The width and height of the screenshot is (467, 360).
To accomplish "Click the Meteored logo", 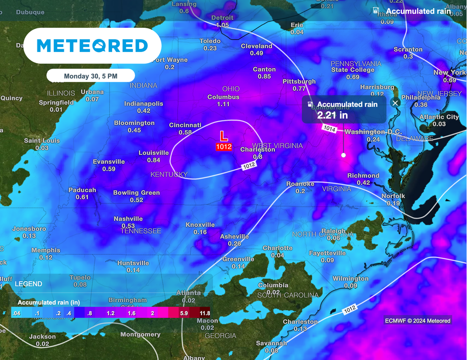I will (x=92, y=46).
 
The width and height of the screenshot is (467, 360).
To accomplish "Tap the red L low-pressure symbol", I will (x=223, y=136).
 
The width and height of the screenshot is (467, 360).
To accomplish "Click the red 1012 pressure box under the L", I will (x=224, y=147).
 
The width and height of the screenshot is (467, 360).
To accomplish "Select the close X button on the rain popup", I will (x=395, y=103).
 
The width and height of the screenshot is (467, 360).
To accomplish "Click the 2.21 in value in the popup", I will (x=332, y=115).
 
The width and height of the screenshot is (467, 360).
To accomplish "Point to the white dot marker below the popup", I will (x=343, y=155).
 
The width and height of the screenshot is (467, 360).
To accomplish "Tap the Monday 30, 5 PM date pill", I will (x=90, y=76).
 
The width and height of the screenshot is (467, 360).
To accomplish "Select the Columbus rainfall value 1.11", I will (x=223, y=104).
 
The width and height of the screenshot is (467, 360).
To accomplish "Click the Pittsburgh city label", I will (x=299, y=81).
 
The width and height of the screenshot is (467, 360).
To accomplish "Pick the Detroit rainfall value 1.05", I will (x=223, y=25).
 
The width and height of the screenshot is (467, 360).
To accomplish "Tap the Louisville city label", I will (x=154, y=153).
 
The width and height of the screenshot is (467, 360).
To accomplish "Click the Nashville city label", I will (x=128, y=219).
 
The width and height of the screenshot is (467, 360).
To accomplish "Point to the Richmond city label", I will (x=363, y=176).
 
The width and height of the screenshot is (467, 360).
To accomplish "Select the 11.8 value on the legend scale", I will (x=204, y=313).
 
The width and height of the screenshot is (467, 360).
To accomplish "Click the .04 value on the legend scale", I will (x=16, y=313).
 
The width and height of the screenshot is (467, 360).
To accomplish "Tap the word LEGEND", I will (x=28, y=284).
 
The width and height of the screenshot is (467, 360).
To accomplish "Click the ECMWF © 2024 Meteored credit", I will (x=417, y=321).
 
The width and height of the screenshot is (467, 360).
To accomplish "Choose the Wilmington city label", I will (x=350, y=278).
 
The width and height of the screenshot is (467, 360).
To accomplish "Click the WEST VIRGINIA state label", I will (x=277, y=146).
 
